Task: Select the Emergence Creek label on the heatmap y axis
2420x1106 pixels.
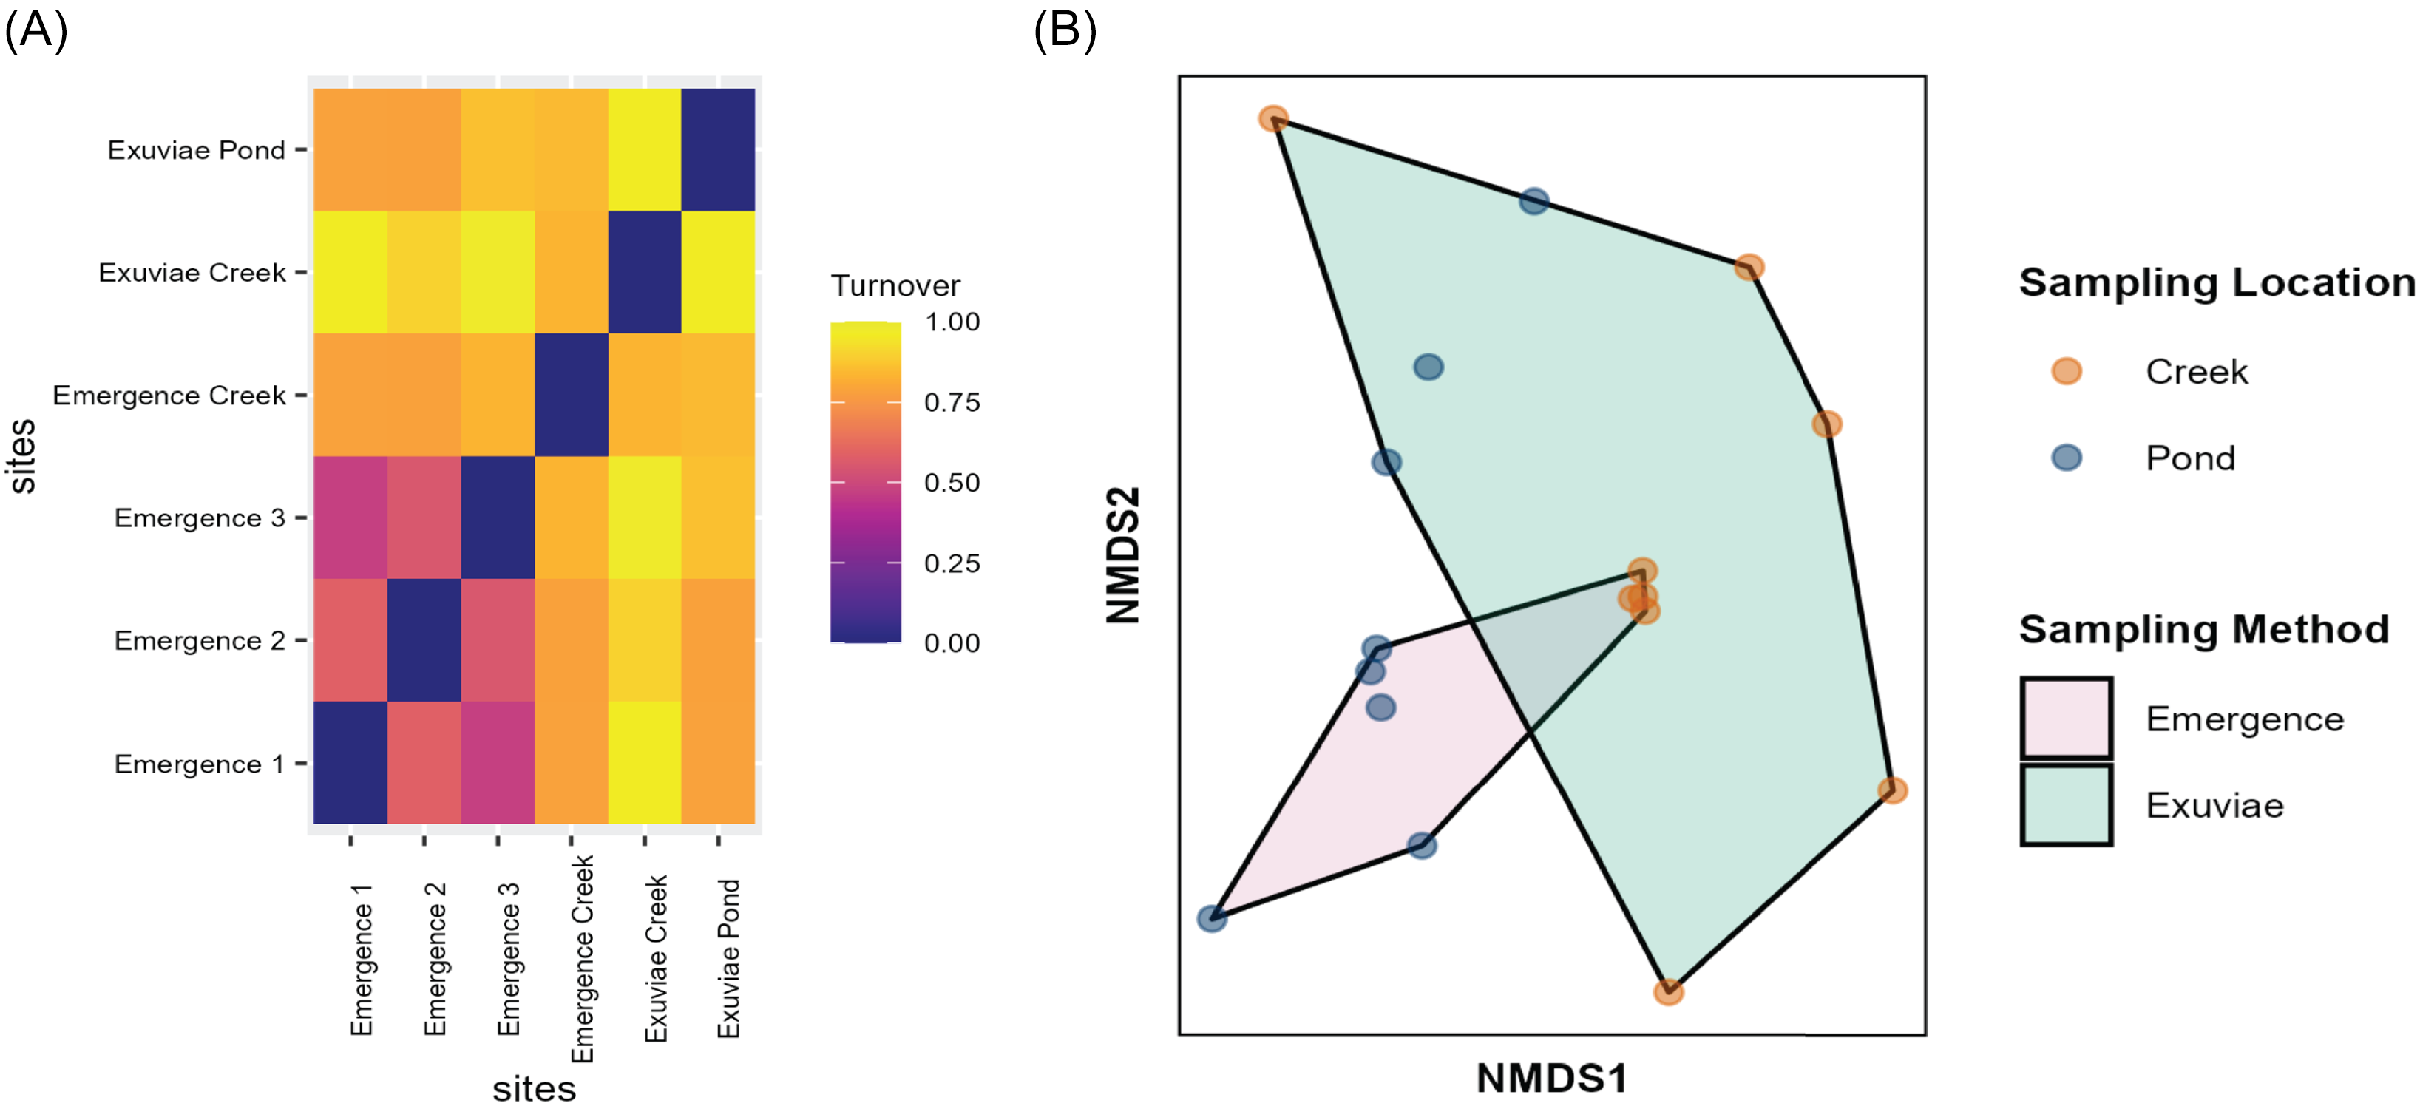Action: coord(169,396)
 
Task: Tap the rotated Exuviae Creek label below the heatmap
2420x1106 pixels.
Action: coord(656,958)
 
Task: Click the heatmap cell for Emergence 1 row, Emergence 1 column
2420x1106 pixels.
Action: coord(350,762)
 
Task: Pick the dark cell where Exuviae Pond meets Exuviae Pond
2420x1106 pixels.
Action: coord(718,149)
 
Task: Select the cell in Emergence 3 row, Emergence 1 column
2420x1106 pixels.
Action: coord(350,517)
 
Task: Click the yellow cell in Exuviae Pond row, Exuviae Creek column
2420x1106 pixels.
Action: coord(645,149)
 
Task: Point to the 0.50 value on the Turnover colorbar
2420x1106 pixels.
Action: coord(952,483)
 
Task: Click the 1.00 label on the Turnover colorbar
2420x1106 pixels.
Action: coord(952,322)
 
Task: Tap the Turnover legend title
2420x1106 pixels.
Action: coord(895,285)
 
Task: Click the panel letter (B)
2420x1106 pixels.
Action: coord(1065,30)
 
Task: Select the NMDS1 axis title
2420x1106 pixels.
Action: coord(1551,1078)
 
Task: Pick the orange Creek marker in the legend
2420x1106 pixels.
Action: coord(2066,371)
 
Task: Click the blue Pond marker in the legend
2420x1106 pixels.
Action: coord(2066,458)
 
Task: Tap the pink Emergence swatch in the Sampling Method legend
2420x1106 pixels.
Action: coord(2066,719)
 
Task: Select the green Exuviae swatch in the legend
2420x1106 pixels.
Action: coord(2066,805)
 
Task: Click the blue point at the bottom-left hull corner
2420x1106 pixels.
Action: coord(1212,918)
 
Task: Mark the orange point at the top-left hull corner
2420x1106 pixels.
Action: coord(1273,119)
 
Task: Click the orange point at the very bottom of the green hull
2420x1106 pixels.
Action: coord(1667,991)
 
